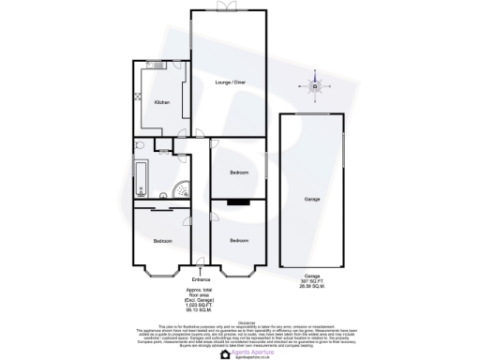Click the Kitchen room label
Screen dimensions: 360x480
160,102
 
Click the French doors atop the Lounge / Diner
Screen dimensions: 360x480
223,9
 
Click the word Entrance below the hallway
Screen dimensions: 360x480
201,279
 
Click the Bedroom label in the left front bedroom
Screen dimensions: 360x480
162,242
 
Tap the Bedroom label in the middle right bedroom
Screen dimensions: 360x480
240,172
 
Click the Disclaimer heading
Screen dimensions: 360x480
240,320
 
